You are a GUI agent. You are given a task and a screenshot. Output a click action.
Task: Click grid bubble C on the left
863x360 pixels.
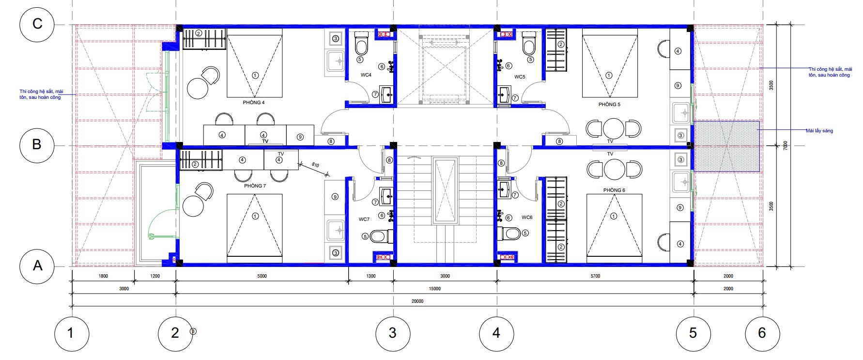36,24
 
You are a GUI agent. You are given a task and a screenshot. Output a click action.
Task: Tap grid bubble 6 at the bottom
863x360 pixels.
762,333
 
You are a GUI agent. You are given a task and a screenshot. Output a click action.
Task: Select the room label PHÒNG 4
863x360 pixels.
254,103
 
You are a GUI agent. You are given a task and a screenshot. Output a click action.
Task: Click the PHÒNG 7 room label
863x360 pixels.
255,186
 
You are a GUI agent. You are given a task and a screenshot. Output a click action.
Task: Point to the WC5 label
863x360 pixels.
520,77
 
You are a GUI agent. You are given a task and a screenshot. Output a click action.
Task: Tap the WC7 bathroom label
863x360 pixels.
364,219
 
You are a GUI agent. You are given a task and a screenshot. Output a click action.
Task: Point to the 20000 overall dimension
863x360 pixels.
417,301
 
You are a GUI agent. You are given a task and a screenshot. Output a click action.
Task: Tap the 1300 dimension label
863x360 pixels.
370,276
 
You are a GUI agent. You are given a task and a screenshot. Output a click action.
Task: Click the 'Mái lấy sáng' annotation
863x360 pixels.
819,131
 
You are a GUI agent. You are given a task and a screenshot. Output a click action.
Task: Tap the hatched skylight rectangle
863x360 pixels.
726,146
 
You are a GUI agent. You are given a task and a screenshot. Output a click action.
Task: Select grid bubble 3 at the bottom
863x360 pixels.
393,333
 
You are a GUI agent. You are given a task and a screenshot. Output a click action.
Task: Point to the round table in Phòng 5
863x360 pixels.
614,128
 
